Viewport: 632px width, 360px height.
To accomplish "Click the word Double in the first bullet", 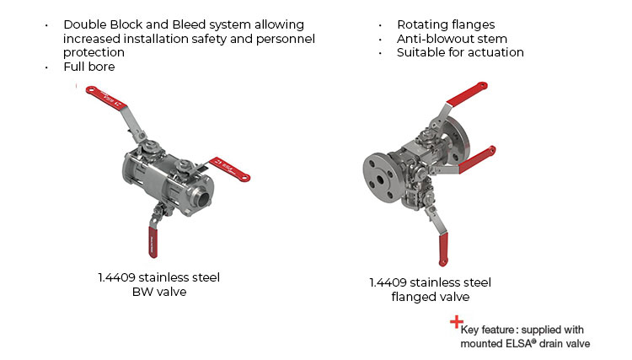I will (x=85, y=24).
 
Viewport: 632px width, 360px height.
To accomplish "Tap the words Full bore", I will (x=88, y=67).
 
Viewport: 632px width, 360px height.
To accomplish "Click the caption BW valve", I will (x=158, y=292).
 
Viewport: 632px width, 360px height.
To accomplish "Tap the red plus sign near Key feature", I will (x=456, y=321).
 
